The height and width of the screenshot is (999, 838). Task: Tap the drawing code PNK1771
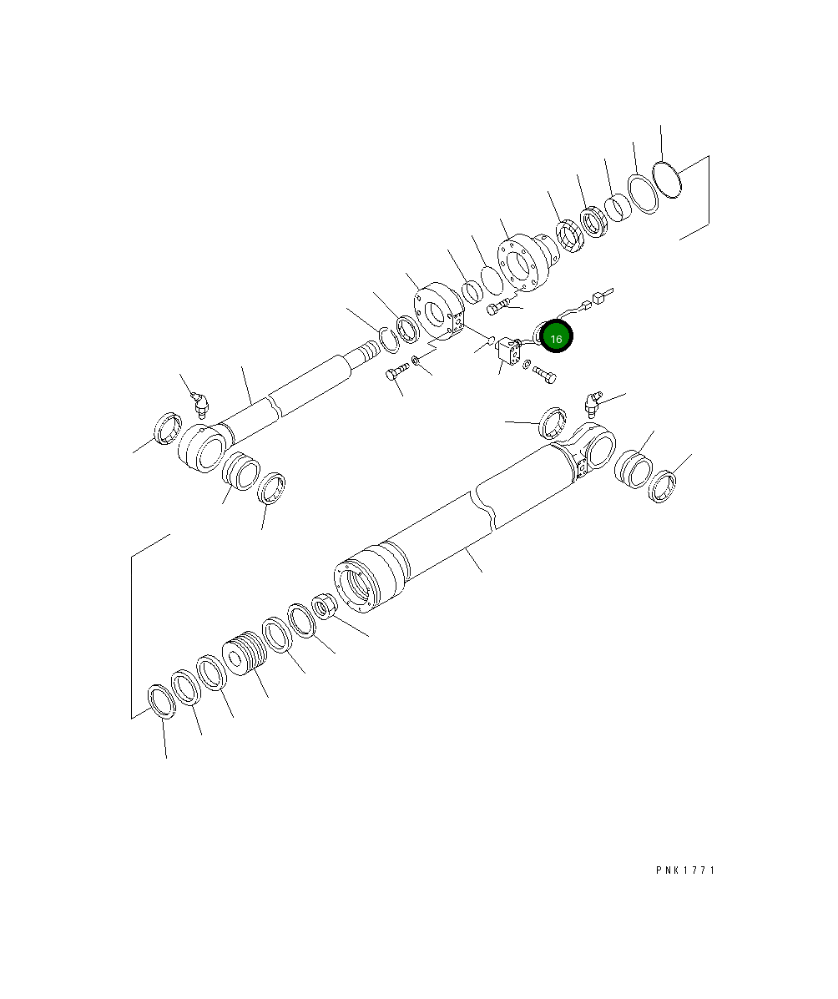click(685, 870)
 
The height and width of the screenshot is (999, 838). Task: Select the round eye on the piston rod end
click(201, 448)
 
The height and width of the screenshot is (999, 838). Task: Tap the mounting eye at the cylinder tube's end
click(593, 448)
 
